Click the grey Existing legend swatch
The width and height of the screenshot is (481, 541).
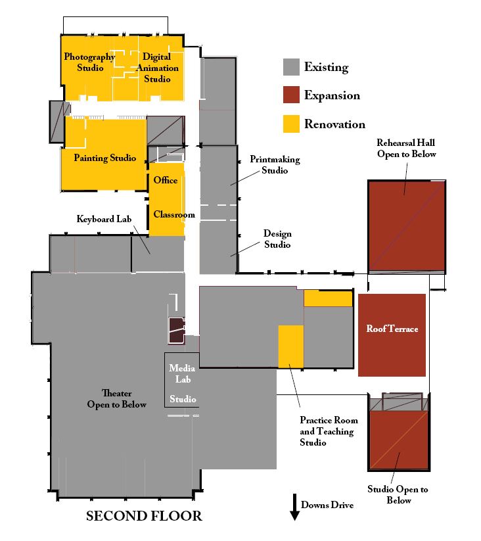(x=291, y=67)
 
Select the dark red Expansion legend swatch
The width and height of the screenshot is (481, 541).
(x=291, y=95)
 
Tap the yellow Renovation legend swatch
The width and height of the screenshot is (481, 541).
(x=291, y=124)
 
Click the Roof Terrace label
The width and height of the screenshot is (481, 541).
(x=392, y=329)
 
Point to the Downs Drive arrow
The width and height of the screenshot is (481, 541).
(x=294, y=507)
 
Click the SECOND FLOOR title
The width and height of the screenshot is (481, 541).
(x=144, y=516)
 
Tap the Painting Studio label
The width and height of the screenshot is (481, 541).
(x=105, y=158)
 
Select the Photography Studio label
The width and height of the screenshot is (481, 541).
(x=89, y=62)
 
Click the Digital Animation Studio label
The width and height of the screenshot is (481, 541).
(x=157, y=68)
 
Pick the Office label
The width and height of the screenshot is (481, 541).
(x=166, y=180)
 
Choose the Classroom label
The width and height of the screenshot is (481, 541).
(x=174, y=214)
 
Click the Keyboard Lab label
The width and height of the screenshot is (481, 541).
(x=104, y=219)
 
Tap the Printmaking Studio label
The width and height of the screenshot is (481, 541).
(x=275, y=164)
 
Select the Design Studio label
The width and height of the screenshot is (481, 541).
(x=277, y=239)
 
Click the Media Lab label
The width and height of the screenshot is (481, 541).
(x=182, y=373)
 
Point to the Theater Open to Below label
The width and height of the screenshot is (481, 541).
(x=116, y=399)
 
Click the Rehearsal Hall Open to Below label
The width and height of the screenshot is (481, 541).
(x=406, y=149)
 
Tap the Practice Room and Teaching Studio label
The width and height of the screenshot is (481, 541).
(x=329, y=431)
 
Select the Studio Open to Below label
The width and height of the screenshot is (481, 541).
(x=398, y=495)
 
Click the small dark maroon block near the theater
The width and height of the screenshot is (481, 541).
(x=177, y=331)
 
